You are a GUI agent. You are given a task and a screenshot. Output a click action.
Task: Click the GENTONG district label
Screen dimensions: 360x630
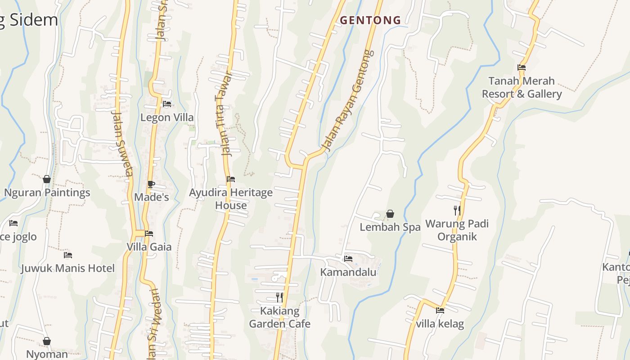tap(370, 20)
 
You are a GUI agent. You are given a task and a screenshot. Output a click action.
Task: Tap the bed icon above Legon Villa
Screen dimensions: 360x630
tap(167, 104)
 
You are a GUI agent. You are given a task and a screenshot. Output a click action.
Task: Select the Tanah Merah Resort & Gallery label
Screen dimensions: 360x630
tap(522, 87)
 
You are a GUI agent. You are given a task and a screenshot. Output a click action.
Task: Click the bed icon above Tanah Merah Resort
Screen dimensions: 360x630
tap(522, 67)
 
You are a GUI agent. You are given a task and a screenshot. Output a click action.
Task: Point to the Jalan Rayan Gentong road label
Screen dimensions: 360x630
tap(349, 100)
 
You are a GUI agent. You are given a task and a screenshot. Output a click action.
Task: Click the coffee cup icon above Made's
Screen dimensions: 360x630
tap(151, 184)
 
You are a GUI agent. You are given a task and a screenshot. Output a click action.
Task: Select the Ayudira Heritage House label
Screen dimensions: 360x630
tap(231, 199)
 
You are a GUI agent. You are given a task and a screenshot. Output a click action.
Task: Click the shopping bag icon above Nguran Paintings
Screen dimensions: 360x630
tap(47, 179)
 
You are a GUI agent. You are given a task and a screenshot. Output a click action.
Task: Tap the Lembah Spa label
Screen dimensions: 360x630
tap(390, 227)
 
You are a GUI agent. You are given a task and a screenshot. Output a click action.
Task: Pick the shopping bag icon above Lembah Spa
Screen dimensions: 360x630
tap(390, 214)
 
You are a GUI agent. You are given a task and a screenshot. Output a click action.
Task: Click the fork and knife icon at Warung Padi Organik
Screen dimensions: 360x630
tap(457, 210)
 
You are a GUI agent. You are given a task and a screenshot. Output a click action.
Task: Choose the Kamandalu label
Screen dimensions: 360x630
tap(348, 272)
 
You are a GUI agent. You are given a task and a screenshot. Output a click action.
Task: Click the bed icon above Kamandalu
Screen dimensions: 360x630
tap(348, 259)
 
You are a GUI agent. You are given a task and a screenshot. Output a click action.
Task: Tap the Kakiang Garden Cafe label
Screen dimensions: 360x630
tap(279, 317)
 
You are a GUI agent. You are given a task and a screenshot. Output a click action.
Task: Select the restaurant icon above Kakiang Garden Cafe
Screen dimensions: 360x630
tap(279, 297)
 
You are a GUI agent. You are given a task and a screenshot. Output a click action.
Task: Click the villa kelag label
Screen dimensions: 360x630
tap(440, 324)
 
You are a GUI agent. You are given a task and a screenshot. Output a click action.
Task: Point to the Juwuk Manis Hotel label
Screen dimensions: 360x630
tap(68, 269)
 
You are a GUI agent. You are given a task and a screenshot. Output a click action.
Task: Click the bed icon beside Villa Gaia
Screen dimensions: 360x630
tap(149, 234)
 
